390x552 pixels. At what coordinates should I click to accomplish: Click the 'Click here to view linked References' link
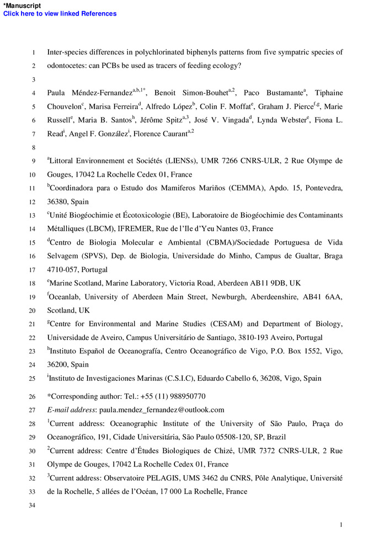(x=60, y=14)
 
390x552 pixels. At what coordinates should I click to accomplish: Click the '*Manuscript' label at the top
(x=22, y=6)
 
